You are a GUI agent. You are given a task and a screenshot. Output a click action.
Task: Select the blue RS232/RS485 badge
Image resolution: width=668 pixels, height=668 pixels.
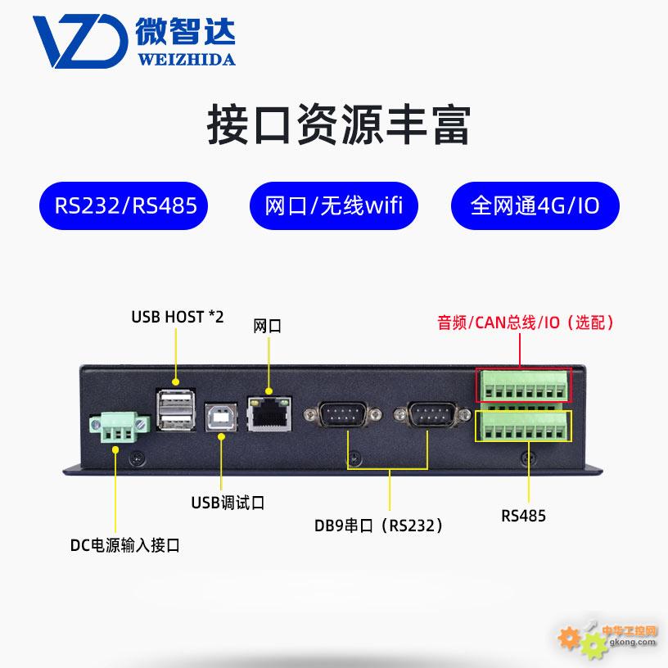[x=126, y=204]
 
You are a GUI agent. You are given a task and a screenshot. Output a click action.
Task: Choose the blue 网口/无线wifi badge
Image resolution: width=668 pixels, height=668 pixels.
[x=334, y=204]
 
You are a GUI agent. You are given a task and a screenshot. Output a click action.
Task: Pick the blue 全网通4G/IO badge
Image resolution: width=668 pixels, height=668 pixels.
[x=535, y=204]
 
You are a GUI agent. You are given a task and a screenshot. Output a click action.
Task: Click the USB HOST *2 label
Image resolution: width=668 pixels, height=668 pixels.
[x=177, y=317]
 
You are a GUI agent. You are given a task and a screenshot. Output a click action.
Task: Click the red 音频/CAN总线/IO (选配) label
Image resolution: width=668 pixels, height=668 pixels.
[x=525, y=323]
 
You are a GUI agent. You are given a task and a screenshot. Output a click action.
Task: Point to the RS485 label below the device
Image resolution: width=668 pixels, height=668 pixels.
[x=523, y=516]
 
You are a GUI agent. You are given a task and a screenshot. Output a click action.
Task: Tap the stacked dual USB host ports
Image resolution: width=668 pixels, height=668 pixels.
[x=178, y=410]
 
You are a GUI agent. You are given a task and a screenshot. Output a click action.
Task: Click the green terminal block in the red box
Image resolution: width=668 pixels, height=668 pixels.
[x=523, y=385]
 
